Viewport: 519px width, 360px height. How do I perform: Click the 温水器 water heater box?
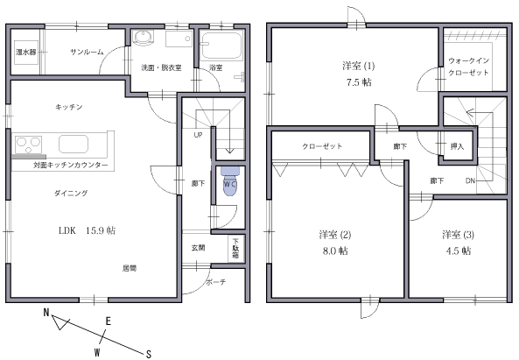25,53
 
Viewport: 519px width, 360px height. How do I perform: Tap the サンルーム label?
88,53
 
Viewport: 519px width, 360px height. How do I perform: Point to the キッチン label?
68,107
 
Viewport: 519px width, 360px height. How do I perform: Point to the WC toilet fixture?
228,181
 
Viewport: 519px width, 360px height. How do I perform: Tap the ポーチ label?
216,282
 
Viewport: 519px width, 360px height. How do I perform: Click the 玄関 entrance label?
199,248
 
